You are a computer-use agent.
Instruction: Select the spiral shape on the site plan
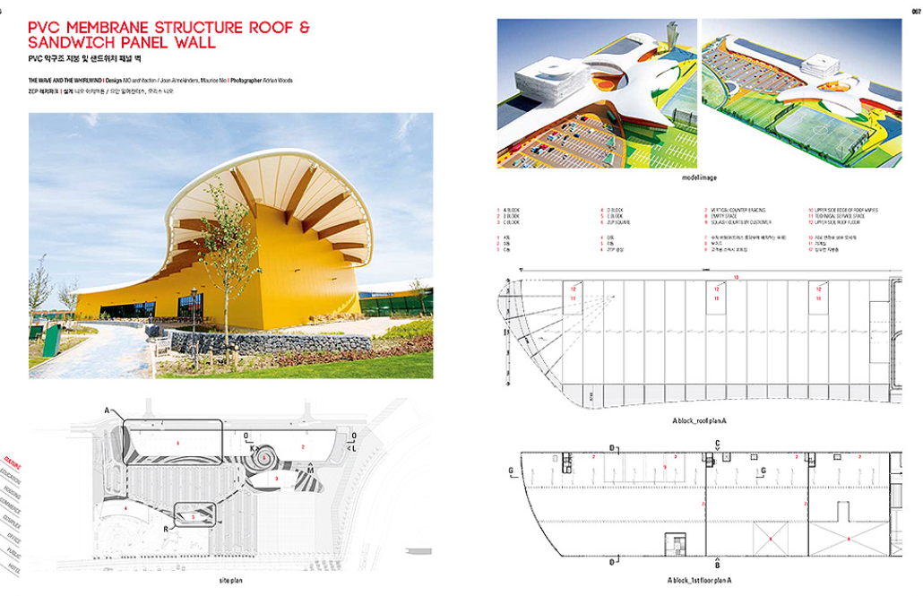tap(268, 458)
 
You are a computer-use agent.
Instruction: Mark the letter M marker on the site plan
tap(310, 469)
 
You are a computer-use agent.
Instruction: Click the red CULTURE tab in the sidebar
tap(12, 460)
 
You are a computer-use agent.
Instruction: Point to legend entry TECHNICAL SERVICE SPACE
tap(846, 215)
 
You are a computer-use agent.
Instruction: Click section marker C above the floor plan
tap(718, 443)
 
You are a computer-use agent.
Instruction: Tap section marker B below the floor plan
tap(717, 566)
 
